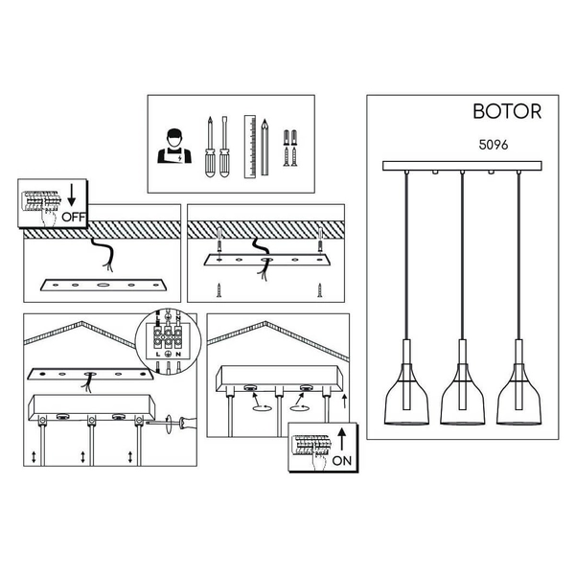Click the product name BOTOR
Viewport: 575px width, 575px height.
click(x=507, y=111)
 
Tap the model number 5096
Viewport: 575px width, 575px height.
click(x=494, y=145)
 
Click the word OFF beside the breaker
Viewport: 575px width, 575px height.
click(x=74, y=218)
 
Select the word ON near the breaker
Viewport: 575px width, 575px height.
click(x=342, y=461)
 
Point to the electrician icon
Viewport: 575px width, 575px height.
click(x=174, y=146)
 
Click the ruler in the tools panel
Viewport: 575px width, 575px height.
click(x=250, y=147)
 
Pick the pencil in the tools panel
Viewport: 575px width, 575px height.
click(x=264, y=147)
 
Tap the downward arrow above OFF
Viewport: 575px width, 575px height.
click(x=72, y=195)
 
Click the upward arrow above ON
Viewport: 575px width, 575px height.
click(x=342, y=439)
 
